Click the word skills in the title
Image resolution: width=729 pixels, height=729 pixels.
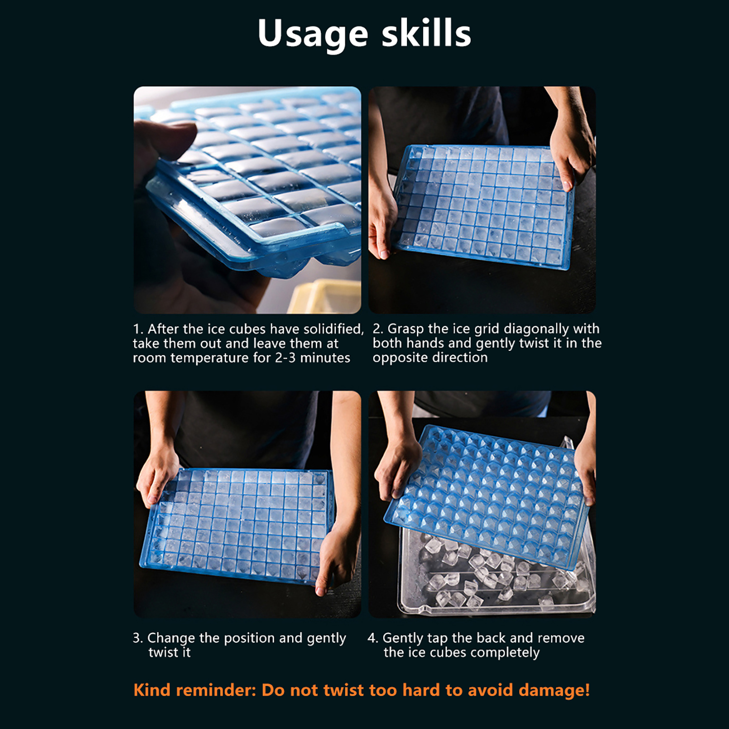(426, 33)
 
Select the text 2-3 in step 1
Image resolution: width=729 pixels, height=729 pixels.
(285, 358)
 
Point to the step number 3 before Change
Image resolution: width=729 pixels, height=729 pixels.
(137, 638)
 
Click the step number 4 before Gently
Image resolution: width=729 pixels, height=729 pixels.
(372, 638)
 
